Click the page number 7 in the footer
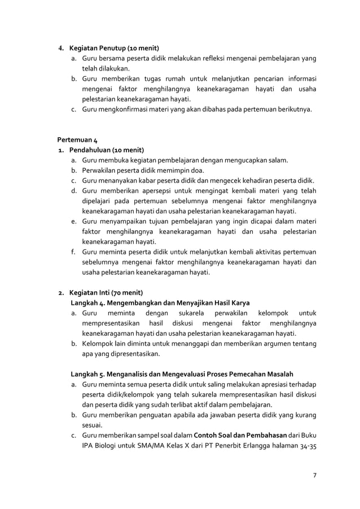tap(314, 474)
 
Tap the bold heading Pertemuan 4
tap(78, 139)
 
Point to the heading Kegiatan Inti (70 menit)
tap(106, 292)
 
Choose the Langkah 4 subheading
tap(160, 302)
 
